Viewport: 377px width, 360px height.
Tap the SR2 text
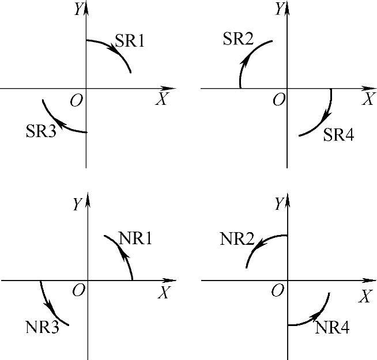pos(238,39)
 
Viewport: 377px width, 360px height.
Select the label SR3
pos(40,131)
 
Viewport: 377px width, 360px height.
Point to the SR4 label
pos(338,135)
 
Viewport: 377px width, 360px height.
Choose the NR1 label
pos(135,238)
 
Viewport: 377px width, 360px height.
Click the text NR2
pos(237,238)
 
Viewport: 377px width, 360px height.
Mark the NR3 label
pos(40,327)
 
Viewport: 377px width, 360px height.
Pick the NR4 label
pos(331,328)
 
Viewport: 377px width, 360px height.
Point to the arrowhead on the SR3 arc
pos(60,123)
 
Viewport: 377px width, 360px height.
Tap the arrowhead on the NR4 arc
pos(316,314)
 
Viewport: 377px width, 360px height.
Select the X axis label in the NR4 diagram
pos(364,297)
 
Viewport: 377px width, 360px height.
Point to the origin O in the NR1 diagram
pos(78,290)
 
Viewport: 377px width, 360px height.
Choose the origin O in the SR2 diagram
pos(279,100)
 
